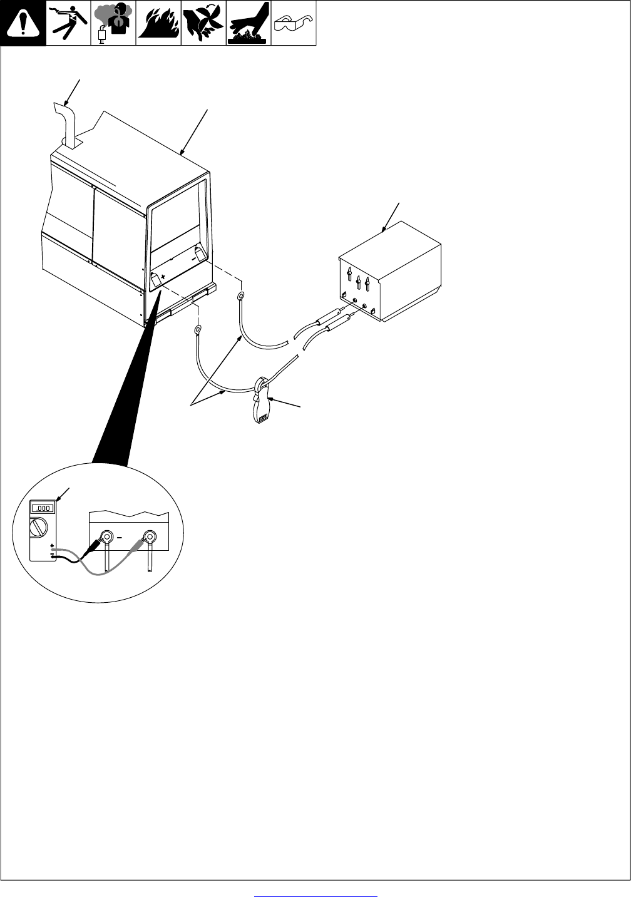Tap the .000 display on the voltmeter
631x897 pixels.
click(43, 508)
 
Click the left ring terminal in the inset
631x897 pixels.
click(106, 536)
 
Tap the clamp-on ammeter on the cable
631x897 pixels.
click(262, 401)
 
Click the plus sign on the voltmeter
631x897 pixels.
click(52, 546)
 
